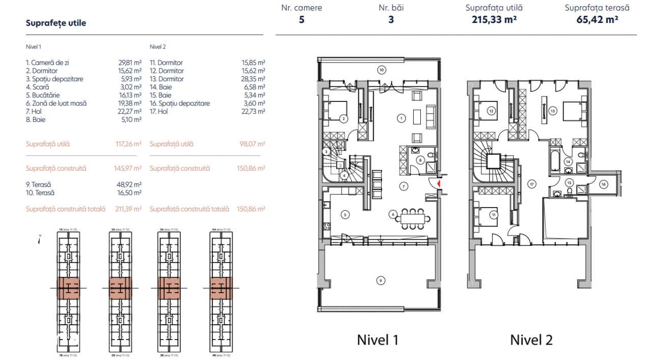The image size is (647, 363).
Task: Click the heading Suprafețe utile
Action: click(x=56, y=23)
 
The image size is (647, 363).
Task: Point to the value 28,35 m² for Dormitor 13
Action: click(x=253, y=79)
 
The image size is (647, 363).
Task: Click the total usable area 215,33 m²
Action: click(x=494, y=20)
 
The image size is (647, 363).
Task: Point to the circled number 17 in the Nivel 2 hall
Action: click(x=530, y=184)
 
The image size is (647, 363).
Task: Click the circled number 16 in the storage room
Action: click(x=603, y=185)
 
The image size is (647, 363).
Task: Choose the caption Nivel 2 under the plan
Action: click(x=531, y=340)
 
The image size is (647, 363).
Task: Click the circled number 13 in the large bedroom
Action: click(x=552, y=110)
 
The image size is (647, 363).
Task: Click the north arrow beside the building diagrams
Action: click(x=39, y=240)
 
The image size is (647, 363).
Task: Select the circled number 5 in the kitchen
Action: click(x=345, y=215)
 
